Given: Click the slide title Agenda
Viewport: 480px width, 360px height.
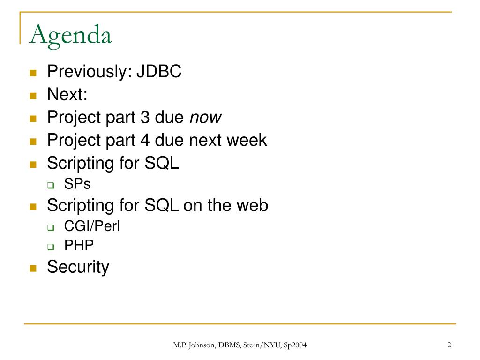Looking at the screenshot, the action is [x=70, y=36].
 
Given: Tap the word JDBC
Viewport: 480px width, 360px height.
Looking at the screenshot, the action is [x=159, y=71].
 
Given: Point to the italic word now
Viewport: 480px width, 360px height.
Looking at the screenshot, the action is [x=205, y=118].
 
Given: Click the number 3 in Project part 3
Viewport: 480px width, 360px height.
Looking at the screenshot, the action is [x=145, y=117].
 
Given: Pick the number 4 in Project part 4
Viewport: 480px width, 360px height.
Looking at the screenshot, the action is [x=145, y=140].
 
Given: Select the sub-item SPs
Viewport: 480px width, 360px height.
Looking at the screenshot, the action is [x=77, y=184].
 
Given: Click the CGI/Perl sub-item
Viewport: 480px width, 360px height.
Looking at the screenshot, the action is [x=92, y=226].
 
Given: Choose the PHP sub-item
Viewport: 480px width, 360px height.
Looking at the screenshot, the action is [x=79, y=245].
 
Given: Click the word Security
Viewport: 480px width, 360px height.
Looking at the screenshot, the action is [x=78, y=267].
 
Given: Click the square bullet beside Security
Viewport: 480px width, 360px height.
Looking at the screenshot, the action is [x=33, y=269].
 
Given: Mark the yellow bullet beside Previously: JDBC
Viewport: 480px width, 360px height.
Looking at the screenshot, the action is [x=33, y=73].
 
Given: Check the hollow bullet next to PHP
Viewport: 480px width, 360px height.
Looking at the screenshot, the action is [x=51, y=247].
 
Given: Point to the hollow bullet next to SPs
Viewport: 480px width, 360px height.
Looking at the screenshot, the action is [x=51, y=185].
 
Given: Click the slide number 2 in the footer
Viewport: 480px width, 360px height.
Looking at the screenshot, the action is [x=449, y=345].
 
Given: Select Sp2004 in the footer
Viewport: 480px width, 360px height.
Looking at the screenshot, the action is [x=295, y=345].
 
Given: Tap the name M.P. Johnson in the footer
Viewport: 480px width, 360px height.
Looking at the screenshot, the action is [x=194, y=345].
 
